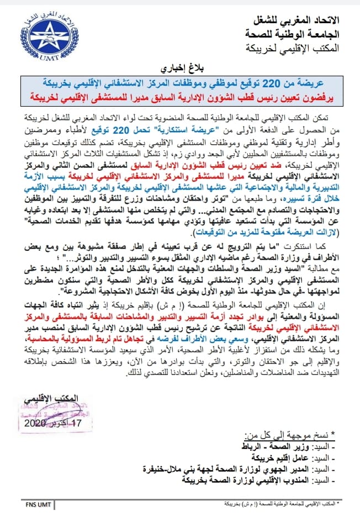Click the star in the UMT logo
tap(43, 34)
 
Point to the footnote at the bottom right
tap(282, 504)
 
